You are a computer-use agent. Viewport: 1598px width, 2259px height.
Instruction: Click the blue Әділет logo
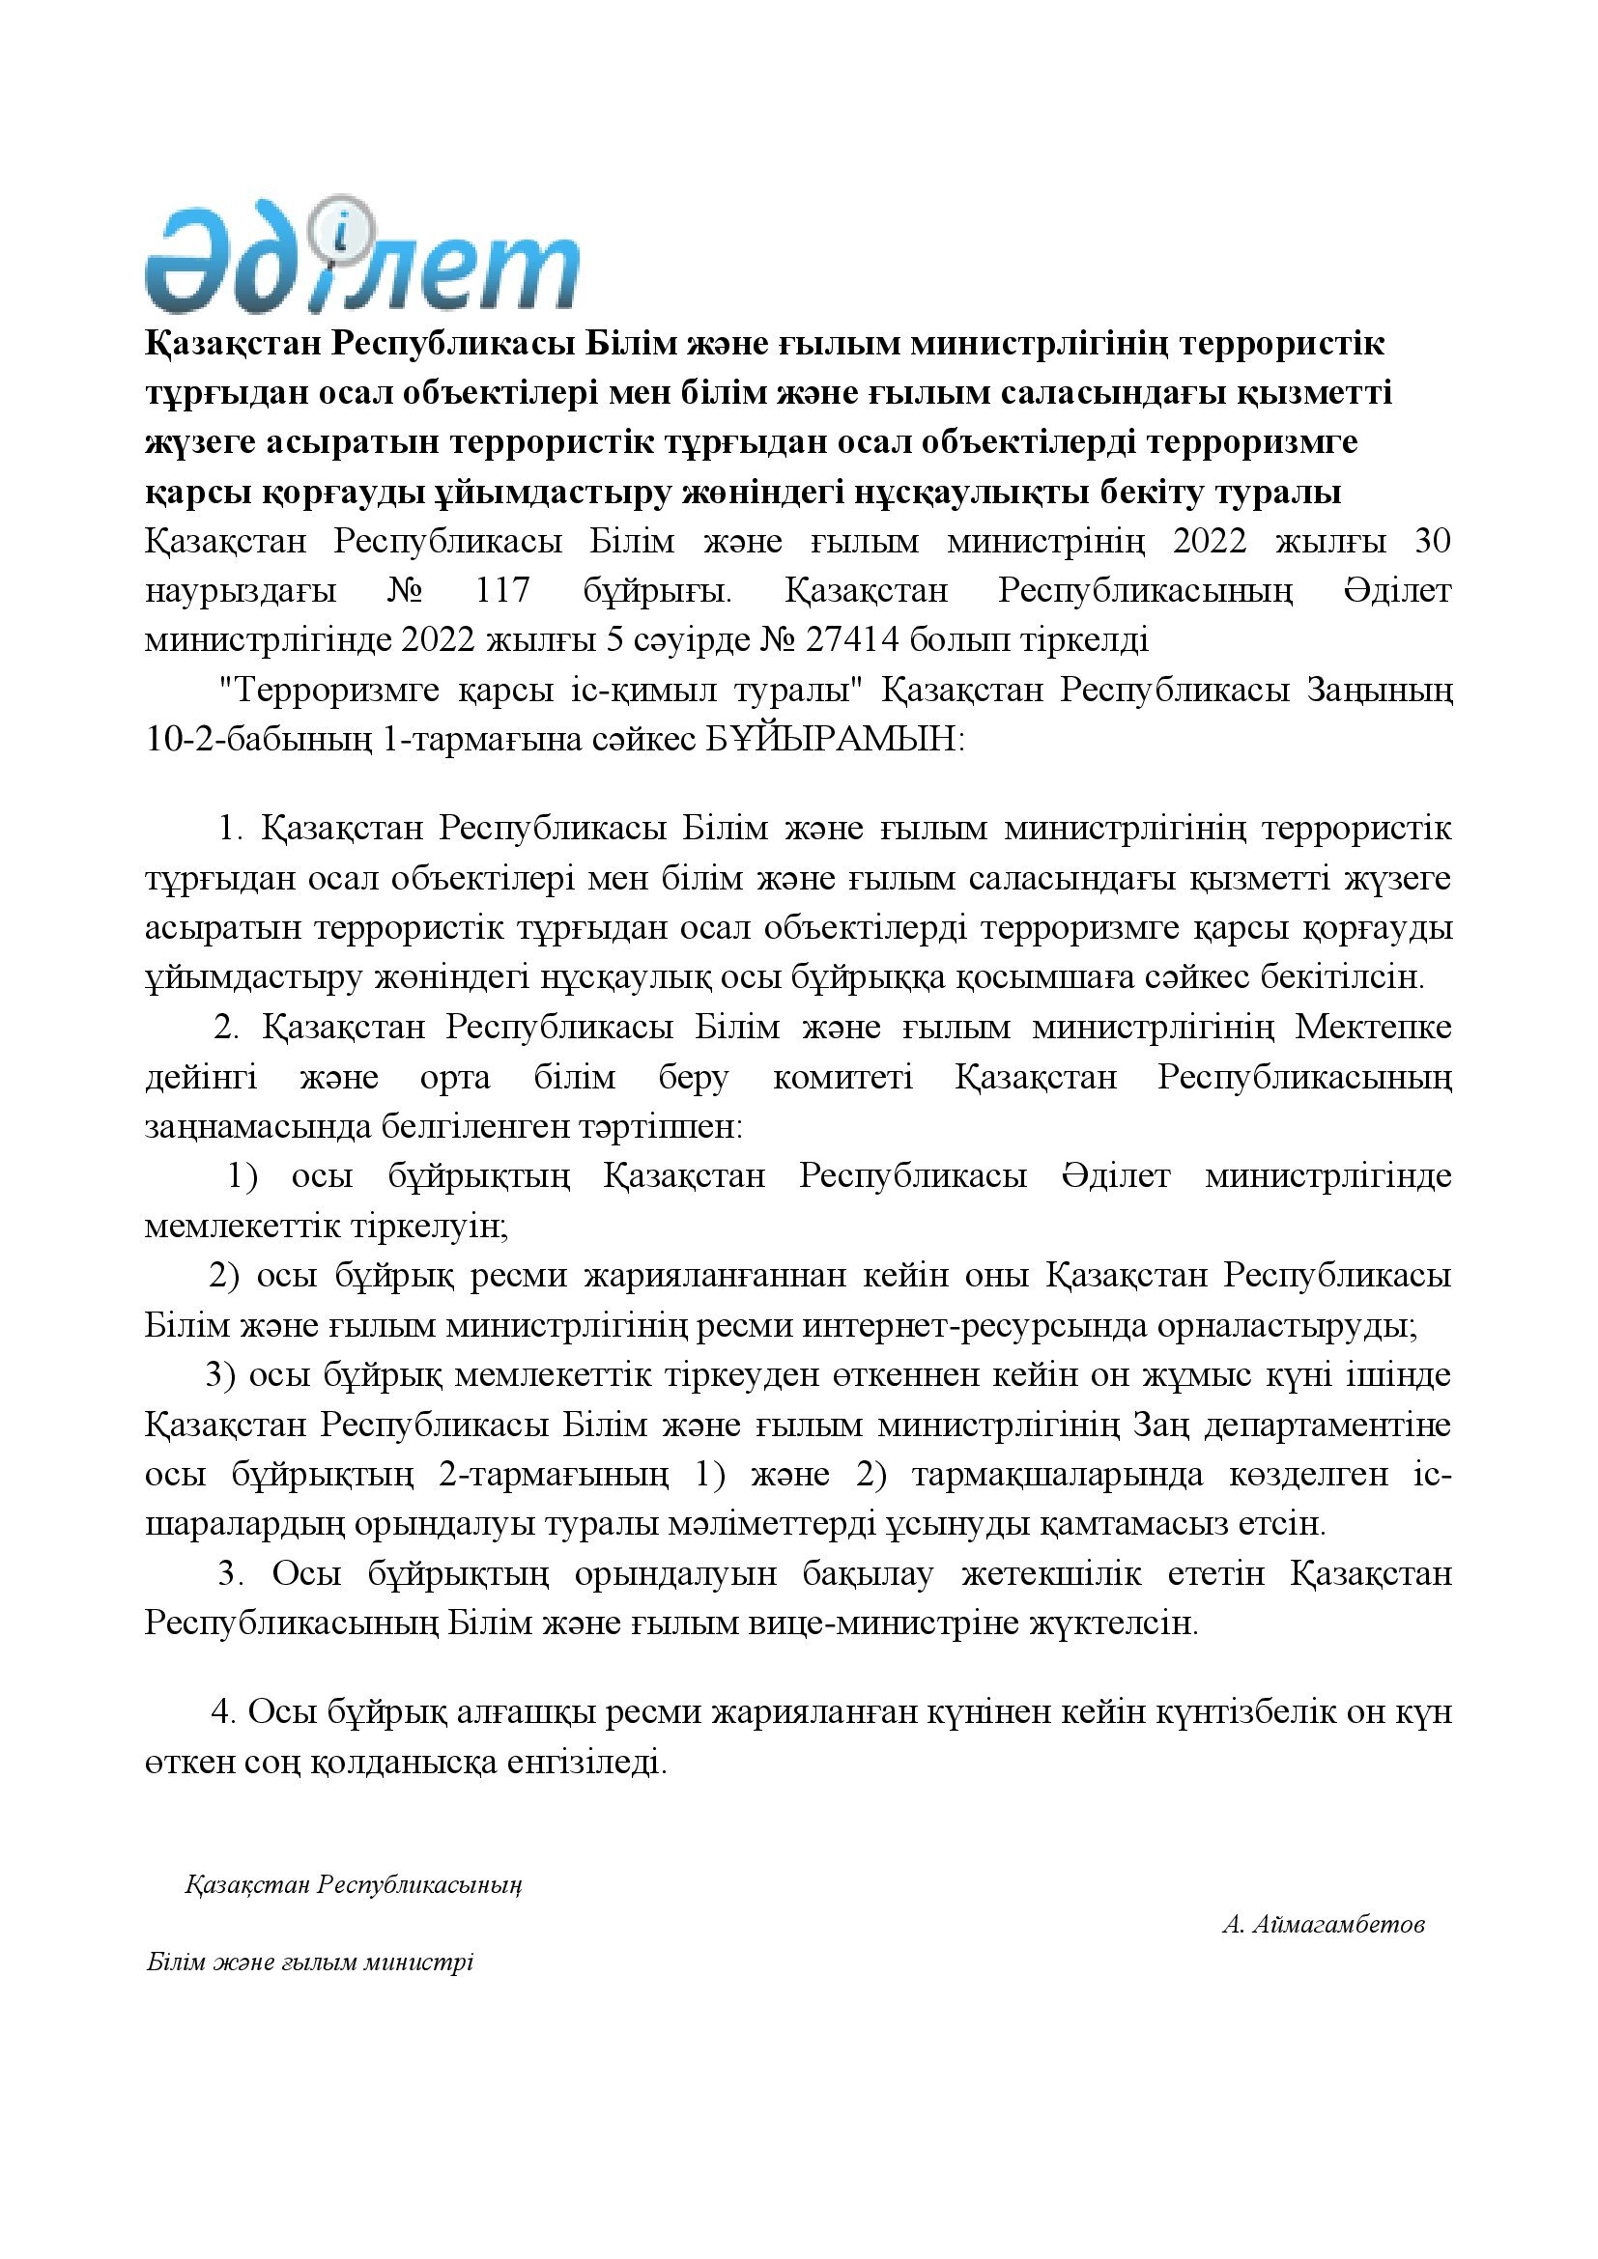(x=361, y=258)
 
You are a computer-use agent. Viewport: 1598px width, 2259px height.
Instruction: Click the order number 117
(x=502, y=591)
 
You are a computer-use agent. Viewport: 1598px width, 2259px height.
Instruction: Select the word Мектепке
(x=1373, y=1028)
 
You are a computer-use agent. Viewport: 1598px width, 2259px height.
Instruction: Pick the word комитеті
(x=843, y=1078)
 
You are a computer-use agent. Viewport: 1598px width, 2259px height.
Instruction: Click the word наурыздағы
(x=242, y=591)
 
